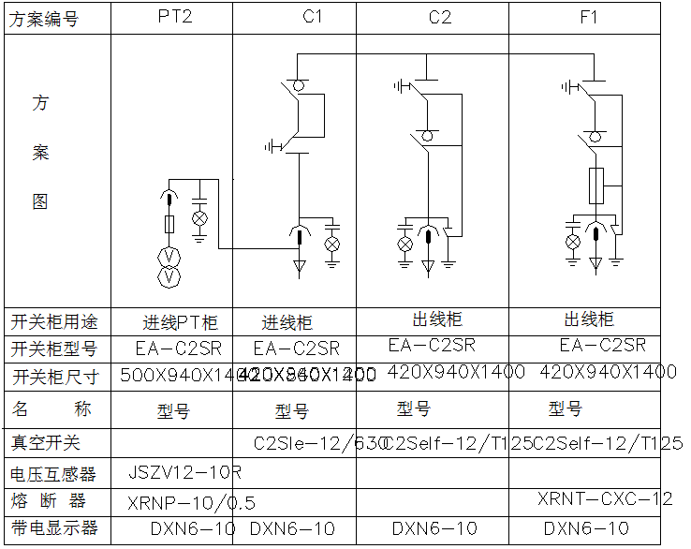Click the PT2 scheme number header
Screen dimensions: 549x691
[x=174, y=17]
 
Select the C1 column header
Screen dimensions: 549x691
[x=313, y=17]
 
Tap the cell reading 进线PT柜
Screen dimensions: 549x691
[x=181, y=323]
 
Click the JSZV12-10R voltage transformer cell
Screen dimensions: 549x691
[x=184, y=471]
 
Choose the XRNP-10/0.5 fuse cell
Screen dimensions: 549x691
[x=177, y=500]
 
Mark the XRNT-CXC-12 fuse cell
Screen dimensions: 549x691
[x=605, y=498]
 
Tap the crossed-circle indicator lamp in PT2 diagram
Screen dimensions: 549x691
[x=199, y=218]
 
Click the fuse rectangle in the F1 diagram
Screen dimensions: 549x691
[x=595, y=185]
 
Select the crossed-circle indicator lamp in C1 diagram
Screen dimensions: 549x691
[x=331, y=243]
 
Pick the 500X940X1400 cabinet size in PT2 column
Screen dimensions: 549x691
[x=178, y=376]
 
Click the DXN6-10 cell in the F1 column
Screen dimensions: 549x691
[x=586, y=528]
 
